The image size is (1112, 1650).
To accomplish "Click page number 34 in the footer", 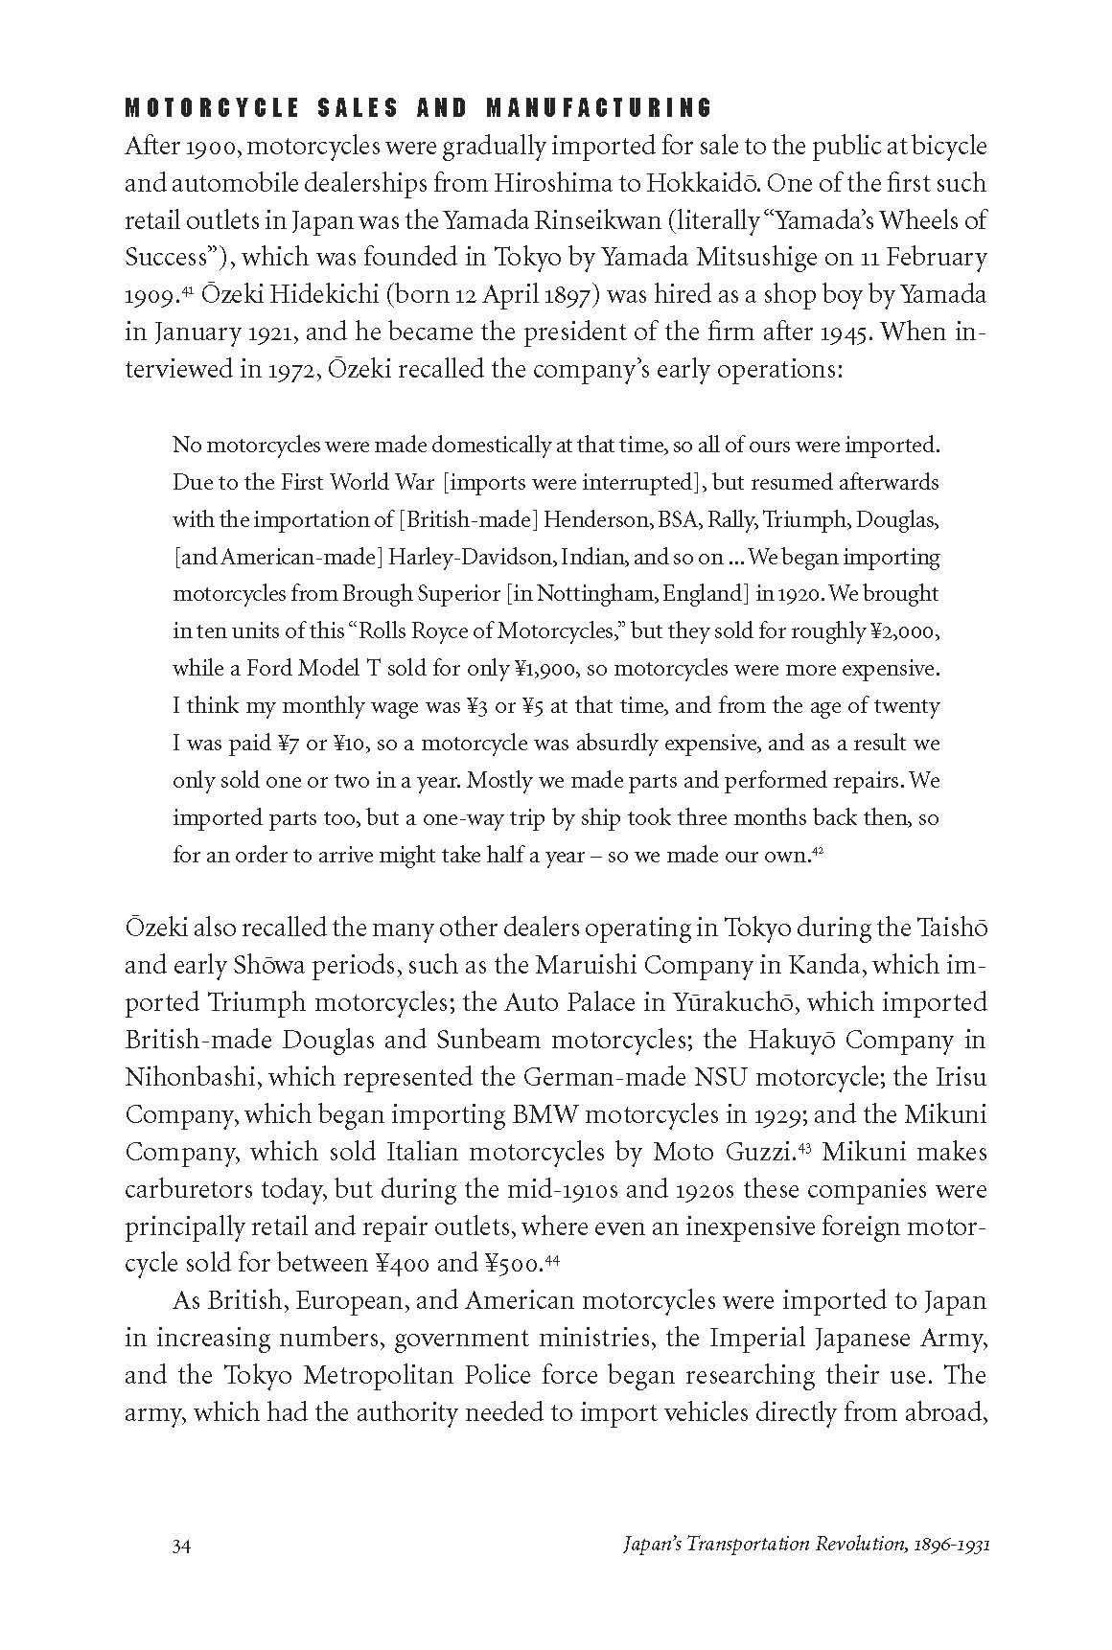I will (x=183, y=1546).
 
